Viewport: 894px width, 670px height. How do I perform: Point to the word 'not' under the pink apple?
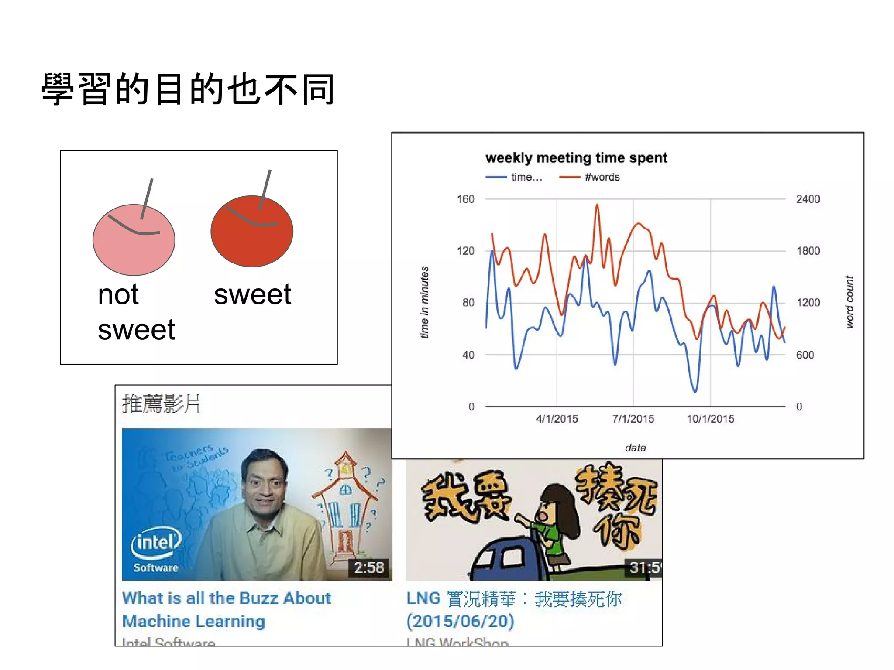(x=118, y=294)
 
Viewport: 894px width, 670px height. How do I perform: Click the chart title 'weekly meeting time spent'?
(x=576, y=157)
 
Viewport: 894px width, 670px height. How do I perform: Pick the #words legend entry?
(x=602, y=177)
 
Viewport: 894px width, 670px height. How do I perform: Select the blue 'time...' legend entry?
(x=526, y=177)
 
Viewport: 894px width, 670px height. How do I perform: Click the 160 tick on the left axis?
(x=465, y=199)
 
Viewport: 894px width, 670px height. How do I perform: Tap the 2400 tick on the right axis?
(x=808, y=199)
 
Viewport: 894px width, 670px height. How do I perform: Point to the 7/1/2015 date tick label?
(x=633, y=419)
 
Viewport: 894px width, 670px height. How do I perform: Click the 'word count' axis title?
(x=849, y=302)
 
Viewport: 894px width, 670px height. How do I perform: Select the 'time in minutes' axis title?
(x=424, y=302)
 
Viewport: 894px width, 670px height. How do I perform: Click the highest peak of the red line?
(x=597, y=205)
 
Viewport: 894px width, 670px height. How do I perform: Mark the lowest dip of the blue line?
(x=695, y=391)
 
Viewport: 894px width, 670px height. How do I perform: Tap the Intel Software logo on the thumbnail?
(x=156, y=549)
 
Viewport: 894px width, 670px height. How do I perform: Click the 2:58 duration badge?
(x=368, y=567)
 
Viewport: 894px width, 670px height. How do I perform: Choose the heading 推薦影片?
(x=161, y=403)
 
